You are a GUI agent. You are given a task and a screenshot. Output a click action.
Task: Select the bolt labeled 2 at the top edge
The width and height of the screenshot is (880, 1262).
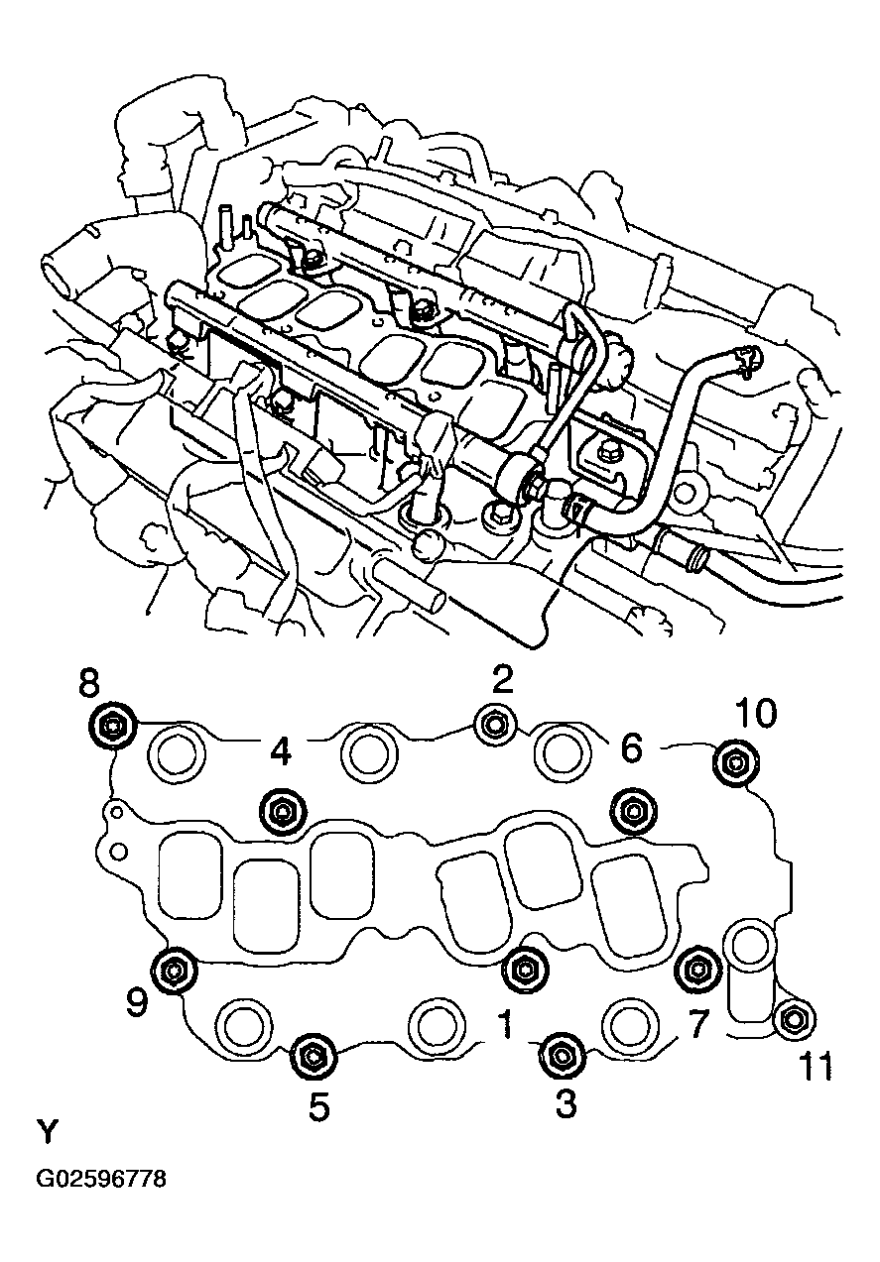click(x=493, y=726)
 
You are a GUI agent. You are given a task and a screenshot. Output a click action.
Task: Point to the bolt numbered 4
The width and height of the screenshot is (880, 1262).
click(x=281, y=812)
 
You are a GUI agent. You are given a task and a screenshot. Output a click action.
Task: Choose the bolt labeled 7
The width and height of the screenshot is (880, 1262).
click(x=697, y=967)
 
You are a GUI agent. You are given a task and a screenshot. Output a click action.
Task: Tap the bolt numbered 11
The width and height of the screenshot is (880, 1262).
click(x=793, y=1019)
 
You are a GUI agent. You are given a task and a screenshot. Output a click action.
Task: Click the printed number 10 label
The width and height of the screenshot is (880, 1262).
click(x=756, y=713)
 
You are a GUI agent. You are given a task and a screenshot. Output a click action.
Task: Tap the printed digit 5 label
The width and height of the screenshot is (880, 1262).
click(x=318, y=1106)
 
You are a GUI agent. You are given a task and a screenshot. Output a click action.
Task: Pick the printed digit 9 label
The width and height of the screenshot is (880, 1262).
click(x=136, y=1003)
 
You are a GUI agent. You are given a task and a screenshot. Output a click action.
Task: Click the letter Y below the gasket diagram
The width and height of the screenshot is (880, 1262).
click(x=47, y=1131)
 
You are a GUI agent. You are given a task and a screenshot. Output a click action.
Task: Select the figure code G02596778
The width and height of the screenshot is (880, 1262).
click(x=101, y=1180)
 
